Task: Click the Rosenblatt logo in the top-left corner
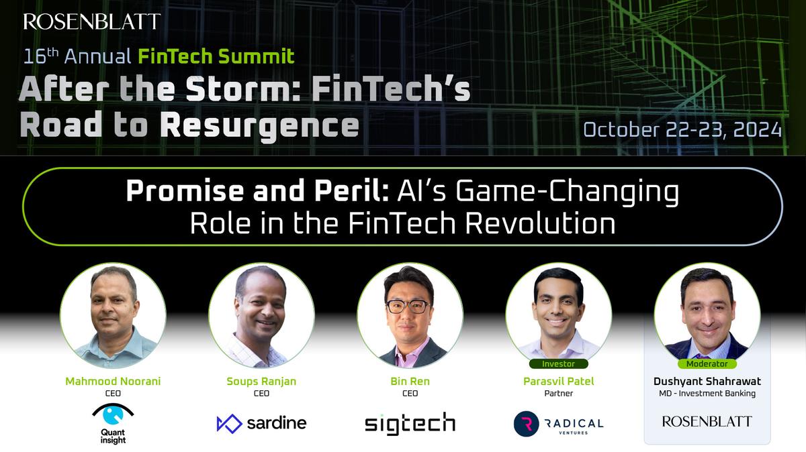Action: [x=92, y=21]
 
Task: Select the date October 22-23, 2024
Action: [x=682, y=129]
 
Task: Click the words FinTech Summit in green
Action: [x=216, y=55]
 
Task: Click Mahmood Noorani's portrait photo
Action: [x=112, y=315]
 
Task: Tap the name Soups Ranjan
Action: [x=261, y=381]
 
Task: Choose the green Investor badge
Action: [x=558, y=364]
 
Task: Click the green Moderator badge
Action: [x=707, y=364]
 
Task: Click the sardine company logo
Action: [x=261, y=422]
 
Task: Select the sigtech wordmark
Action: [x=410, y=422]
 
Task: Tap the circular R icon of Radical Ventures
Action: [x=527, y=424]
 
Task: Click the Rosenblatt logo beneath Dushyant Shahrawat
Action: [x=707, y=421]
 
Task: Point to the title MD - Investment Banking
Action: [x=707, y=394]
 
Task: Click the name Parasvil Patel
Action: [x=558, y=381]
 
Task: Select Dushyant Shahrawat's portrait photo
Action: [x=707, y=315]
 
